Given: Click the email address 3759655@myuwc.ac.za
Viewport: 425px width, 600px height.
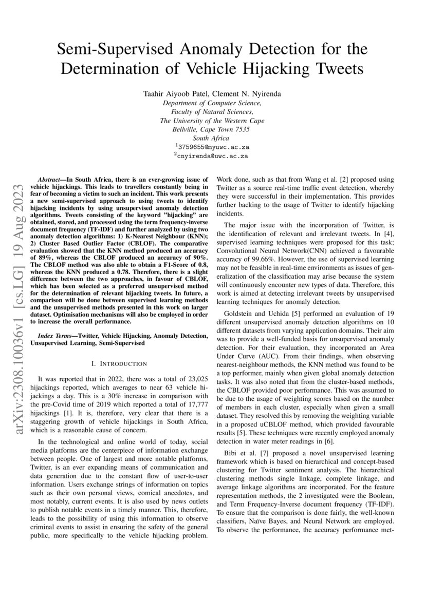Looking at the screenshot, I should [x=212, y=146].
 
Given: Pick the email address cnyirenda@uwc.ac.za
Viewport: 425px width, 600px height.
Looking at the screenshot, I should [x=212, y=155].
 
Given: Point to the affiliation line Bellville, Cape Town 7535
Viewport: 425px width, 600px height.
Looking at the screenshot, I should [x=212, y=129].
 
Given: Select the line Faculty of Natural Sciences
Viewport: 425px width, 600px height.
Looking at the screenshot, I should [x=212, y=111].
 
